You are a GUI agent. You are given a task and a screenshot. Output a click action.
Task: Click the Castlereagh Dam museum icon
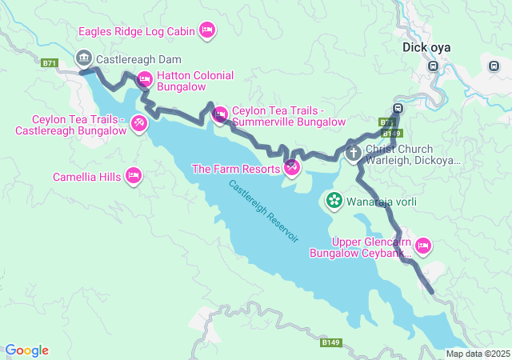click(x=83, y=58)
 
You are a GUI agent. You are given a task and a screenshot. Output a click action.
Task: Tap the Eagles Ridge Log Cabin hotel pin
click(x=206, y=30)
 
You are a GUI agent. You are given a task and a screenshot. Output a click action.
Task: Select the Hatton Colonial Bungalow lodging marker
click(x=145, y=78)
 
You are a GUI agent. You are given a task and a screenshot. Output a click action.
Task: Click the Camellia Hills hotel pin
click(x=134, y=174)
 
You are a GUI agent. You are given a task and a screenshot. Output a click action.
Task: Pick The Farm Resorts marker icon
click(x=292, y=168)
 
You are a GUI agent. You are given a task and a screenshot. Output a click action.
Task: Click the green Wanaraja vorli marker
click(x=334, y=200)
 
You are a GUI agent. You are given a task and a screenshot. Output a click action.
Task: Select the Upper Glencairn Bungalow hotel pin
click(x=423, y=245)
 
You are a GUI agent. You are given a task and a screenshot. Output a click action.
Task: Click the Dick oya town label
click(x=426, y=47)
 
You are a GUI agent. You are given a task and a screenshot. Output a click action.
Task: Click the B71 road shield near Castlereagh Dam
click(x=50, y=63)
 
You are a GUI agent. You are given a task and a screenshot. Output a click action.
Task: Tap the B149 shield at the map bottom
click(x=331, y=342)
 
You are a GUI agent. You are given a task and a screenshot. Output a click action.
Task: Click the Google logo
click(x=26, y=350)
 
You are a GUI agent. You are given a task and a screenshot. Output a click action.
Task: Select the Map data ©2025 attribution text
click(x=478, y=354)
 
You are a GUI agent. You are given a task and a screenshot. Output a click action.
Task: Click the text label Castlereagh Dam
click(x=138, y=59)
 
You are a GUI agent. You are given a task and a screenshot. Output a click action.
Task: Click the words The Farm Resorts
click(x=235, y=169)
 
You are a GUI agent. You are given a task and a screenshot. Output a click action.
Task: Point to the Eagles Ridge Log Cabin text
click(x=136, y=31)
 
